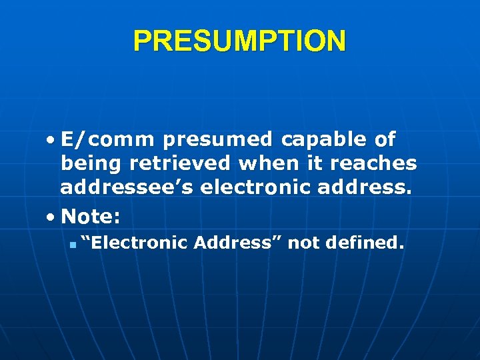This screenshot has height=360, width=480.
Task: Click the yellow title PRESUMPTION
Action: (x=240, y=41)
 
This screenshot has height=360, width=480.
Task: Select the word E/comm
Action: (x=107, y=140)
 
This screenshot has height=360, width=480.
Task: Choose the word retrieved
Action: (x=191, y=164)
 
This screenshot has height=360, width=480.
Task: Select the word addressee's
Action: (x=127, y=188)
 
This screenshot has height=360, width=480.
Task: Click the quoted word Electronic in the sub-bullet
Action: (x=134, y=243)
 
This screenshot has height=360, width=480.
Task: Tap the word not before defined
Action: (x=304, y=243)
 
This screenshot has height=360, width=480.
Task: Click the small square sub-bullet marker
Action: (x=71, y=245)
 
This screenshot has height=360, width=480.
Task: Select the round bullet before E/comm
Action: (x=51, y=141)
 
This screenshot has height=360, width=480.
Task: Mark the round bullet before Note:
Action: (x=51, y=217)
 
